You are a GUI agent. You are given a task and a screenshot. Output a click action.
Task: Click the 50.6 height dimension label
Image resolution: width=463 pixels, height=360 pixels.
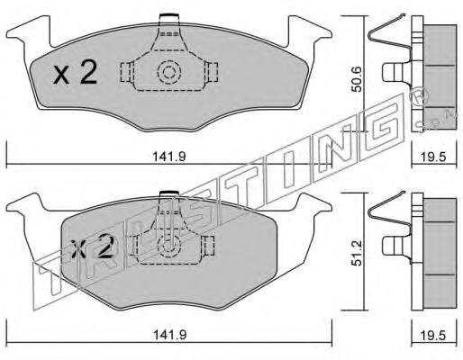[x=357, y=79]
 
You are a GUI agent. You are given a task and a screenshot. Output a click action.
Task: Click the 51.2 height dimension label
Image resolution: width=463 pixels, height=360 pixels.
[x=357, y=253]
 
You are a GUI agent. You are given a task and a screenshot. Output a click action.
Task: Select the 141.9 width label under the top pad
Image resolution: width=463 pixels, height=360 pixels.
[x=169, y=157]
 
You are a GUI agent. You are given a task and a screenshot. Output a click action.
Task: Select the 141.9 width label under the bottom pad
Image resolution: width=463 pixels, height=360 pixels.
[x=169, y=335]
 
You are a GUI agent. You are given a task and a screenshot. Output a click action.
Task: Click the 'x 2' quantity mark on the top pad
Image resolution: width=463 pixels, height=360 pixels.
[x=76, y=72]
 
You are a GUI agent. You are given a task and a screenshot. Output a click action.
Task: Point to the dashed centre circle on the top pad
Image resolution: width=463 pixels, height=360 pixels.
[x=169, y=72]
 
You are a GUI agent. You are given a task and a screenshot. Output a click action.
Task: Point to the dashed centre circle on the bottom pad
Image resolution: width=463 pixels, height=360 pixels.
[x=169, y=245]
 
